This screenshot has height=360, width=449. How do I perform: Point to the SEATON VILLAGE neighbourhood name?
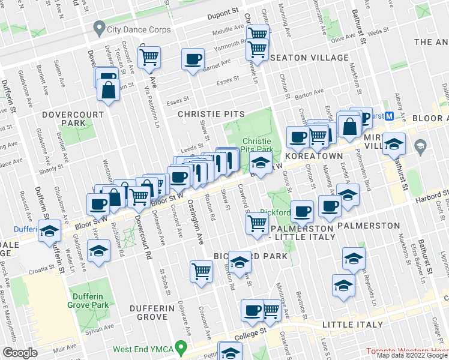click(309, 58)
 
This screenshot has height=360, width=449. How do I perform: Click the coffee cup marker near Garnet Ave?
click(193, 59)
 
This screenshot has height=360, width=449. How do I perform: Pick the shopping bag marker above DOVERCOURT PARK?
click(108, 91)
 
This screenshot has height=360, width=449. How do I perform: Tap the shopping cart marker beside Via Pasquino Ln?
click(148, 58)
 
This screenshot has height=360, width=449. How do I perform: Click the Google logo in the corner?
click(20, 353)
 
